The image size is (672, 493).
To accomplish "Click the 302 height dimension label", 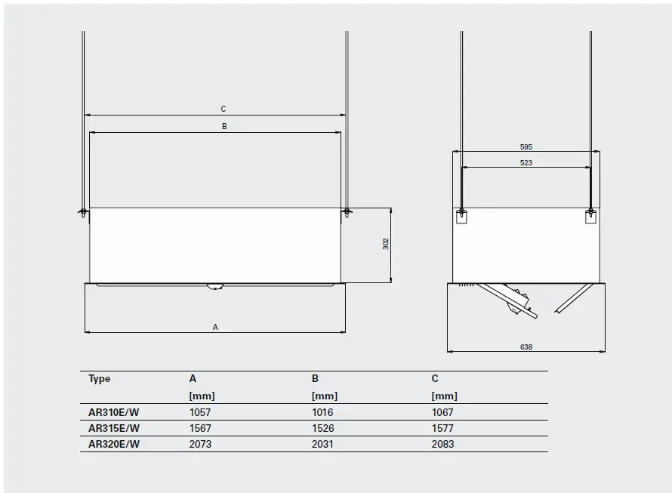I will (386, 244).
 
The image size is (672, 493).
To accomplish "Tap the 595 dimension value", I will (526, 146).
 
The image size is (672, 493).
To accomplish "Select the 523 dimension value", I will (526, 163).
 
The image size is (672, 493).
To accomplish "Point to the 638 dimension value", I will (526, 347).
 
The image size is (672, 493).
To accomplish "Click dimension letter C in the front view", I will (223, 109).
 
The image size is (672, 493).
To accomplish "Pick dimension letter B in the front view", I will (224, 127).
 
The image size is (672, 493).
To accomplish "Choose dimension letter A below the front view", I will (215, 328).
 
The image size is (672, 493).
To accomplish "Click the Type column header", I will (100, 379).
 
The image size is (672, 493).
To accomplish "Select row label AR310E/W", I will (114, 413).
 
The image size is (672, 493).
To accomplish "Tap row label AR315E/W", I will (114, 428).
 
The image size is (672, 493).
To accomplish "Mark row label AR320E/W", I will (114, 444).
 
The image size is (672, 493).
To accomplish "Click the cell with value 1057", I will (200, 413).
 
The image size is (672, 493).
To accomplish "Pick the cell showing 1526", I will (322, 428).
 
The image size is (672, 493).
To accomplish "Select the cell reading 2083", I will (442, 444).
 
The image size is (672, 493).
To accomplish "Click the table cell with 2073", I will (200, 444).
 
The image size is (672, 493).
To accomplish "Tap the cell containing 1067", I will (442, 413).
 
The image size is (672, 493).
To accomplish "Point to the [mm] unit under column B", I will (324, 396).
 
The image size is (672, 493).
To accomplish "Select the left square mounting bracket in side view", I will (463, 217).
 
